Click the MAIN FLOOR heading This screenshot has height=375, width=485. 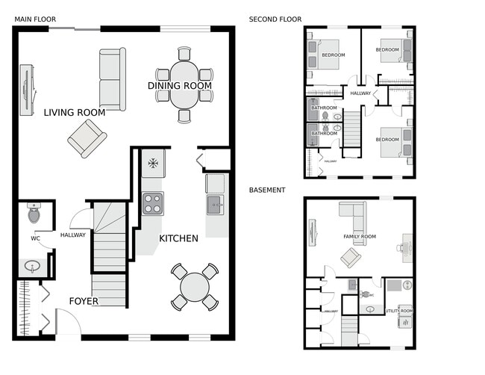coord(35,19)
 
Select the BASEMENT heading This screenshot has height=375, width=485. coord(267,190)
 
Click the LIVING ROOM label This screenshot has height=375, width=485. coord(74,113)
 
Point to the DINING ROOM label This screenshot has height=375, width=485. coord(180,86)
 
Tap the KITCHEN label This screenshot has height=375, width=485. coord(178,239)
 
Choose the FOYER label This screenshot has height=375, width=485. coord(84,302)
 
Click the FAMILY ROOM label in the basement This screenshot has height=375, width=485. coord(359,237)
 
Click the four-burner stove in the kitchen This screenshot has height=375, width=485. coord(153,202)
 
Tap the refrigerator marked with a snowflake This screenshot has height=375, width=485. coord(153,163)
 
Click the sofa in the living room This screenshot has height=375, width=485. coord(113,79)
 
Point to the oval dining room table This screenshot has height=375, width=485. coord(184,84)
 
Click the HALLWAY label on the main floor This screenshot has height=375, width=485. coord(73,235)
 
